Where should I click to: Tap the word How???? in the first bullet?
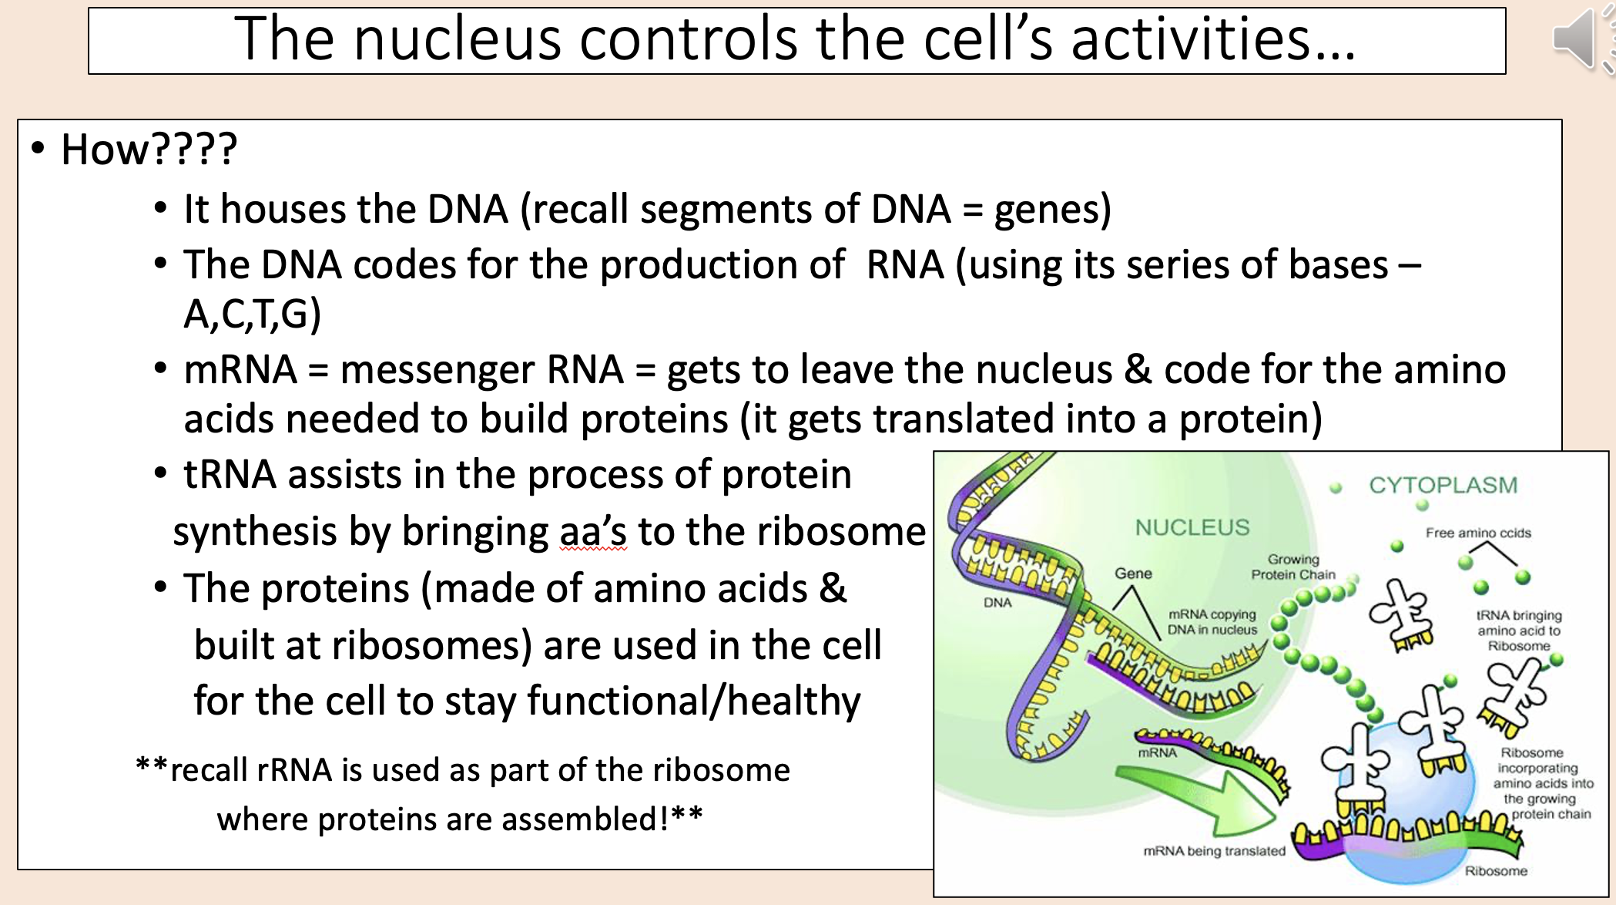[x=149, y=150]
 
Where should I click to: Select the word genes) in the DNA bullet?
[x=1052, y=210]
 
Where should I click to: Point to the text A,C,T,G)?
[x=253, y=315]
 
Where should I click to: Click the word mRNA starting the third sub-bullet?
[x=240, y=369]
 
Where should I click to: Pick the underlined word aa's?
[x=593, y=532]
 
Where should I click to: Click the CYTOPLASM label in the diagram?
[x=1443, y=486]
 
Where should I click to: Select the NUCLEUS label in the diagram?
[x=1192, y=528]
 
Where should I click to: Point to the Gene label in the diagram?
[x=1133, y=574]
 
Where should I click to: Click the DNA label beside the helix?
[x=997, y=603]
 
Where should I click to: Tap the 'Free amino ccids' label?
[x=1477, y=533]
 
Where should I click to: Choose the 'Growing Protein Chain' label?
[x=1293, y=567]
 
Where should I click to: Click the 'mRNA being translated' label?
[x=1214, y=851]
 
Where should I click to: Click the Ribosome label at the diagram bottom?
[x=1496, y=871]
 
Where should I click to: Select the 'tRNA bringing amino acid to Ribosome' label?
[x=1518, y=631]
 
